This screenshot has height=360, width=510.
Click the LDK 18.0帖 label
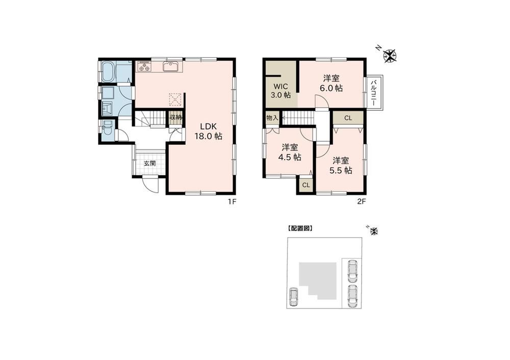(x=208, y=132)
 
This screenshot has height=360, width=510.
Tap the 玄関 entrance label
(x=150, y=164)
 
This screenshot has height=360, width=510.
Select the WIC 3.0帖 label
(x=280, y=91)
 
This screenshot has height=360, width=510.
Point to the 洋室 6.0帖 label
(x=331, y=83)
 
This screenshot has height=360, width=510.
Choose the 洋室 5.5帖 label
(x=341, y=166)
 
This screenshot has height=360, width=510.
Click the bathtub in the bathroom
(x=107, y=71)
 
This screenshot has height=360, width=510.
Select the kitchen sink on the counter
(x=170, y=66)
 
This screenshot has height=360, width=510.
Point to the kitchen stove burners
(x=144, y=67)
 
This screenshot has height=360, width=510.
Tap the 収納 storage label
(x=175, y=117)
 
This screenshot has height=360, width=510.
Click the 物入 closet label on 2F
(x=272, y=118)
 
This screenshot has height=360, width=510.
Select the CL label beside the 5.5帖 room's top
(x=348, y=118)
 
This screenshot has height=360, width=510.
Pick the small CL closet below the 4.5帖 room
(x=306, y=186)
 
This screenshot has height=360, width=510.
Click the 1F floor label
(x=232, y=201)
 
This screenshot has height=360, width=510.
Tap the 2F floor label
(x=362, y=201)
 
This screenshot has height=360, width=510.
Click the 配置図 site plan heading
(x=300, y=228)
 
